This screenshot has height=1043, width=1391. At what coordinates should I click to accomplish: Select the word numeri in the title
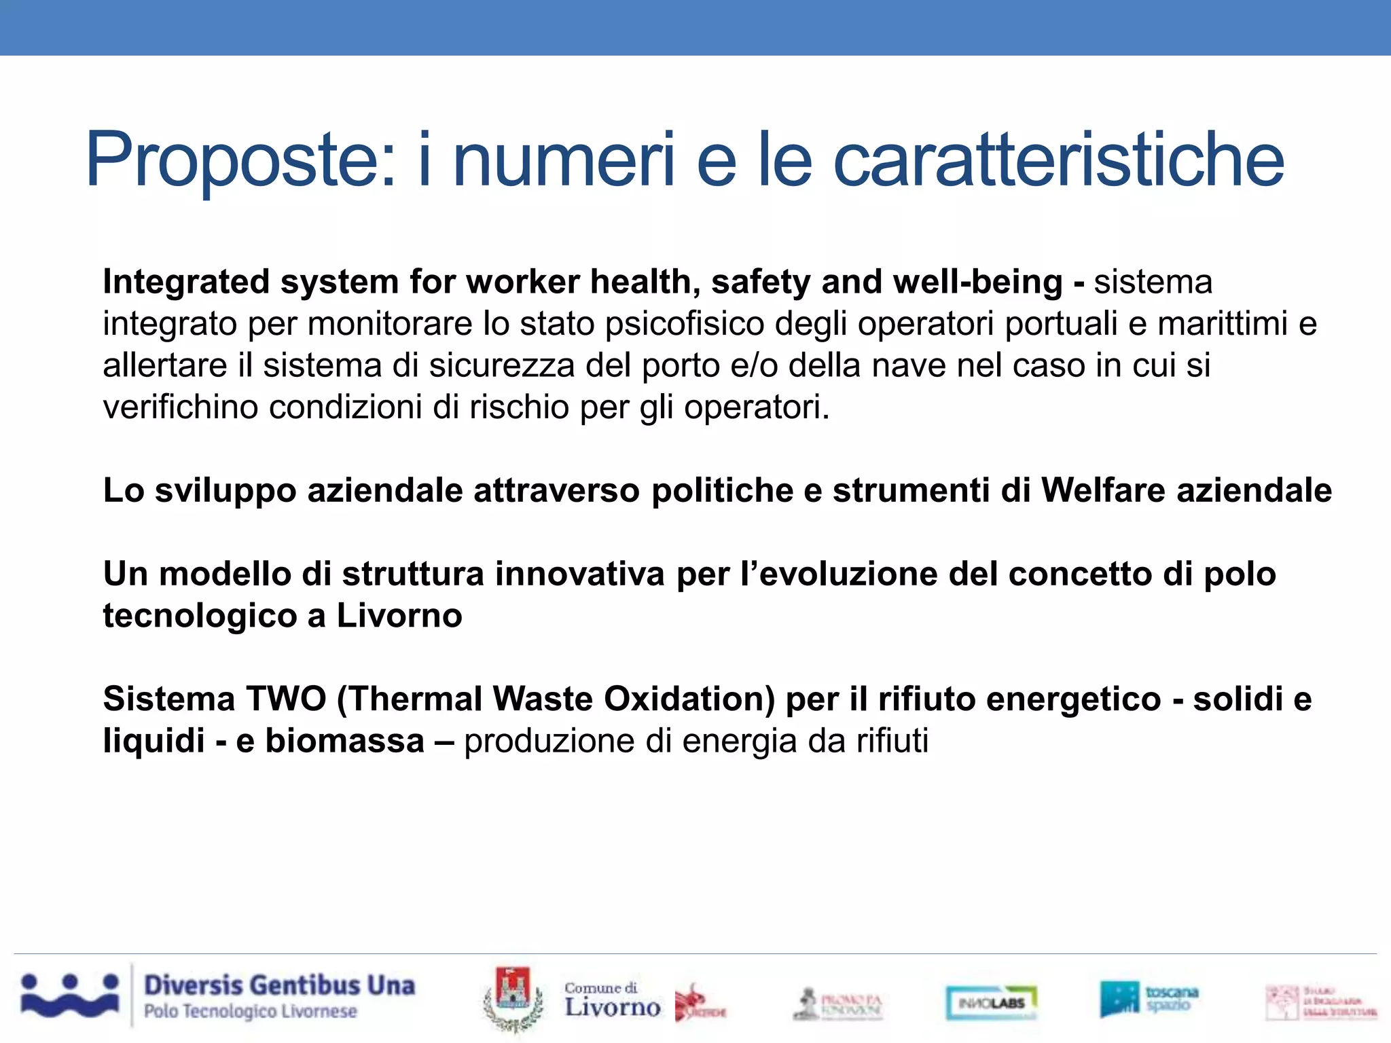point(564,160)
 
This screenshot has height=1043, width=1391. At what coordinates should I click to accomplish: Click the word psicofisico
point(685,324)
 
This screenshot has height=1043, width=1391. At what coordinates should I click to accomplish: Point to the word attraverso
point(556,490)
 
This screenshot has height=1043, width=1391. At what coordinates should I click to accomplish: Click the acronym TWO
point(286,699)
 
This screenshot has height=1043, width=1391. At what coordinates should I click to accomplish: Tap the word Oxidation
point(689,699)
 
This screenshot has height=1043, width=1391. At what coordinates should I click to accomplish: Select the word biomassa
point(344,741)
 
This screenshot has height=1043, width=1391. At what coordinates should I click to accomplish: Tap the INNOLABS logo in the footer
point(991,1003)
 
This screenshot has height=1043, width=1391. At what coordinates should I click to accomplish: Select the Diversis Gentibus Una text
point(279,985)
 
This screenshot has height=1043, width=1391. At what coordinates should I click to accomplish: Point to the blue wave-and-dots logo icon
point(69,996)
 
